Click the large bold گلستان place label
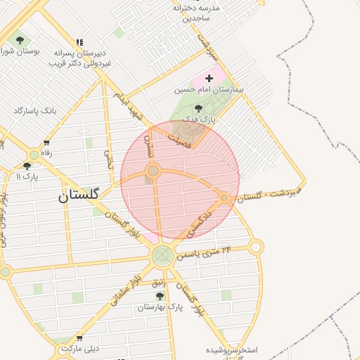[x=79, y=195]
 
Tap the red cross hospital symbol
[x=209, y=77]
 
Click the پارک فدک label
[x=199, y=120]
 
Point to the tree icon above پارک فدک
[x=198, y=108]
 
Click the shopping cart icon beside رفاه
[x=46, y=143]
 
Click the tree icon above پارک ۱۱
[x=27, y=166]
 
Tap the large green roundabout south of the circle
[x=162, y=255]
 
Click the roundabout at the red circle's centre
[x=153, y=171]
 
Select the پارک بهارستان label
[x=160, y=307]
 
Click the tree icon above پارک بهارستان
[x=160, y=296]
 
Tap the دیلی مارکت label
[x=81, y=348]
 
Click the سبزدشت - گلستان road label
[x=269, y=194]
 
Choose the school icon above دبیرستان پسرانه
[x=79, y=42]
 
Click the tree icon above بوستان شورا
[x=19, y=40]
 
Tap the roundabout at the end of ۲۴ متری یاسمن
[x=256, y=247]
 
